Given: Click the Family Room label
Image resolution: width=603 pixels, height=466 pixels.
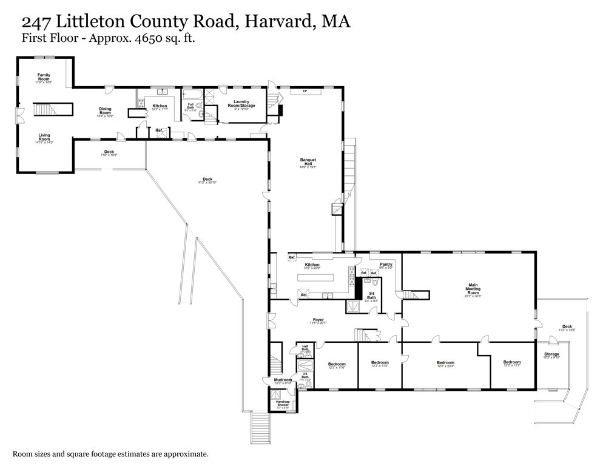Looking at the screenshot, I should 44,77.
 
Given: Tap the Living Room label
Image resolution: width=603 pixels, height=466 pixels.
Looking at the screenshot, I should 44,137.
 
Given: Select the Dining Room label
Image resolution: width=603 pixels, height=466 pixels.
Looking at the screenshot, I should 106,111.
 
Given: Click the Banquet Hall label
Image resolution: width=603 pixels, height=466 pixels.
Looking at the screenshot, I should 308,161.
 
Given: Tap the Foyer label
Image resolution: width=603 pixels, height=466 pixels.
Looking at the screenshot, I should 318,320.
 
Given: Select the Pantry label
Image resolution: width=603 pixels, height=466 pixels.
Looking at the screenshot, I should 386,265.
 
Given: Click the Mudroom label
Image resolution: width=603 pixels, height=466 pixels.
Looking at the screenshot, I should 283,380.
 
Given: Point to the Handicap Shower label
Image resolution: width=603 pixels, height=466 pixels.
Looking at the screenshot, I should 283,404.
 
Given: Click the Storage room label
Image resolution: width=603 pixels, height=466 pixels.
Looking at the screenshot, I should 551,354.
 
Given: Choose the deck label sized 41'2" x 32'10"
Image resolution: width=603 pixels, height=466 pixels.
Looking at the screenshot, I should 207,180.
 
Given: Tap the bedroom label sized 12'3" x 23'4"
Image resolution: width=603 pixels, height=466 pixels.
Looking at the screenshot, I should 445,363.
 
